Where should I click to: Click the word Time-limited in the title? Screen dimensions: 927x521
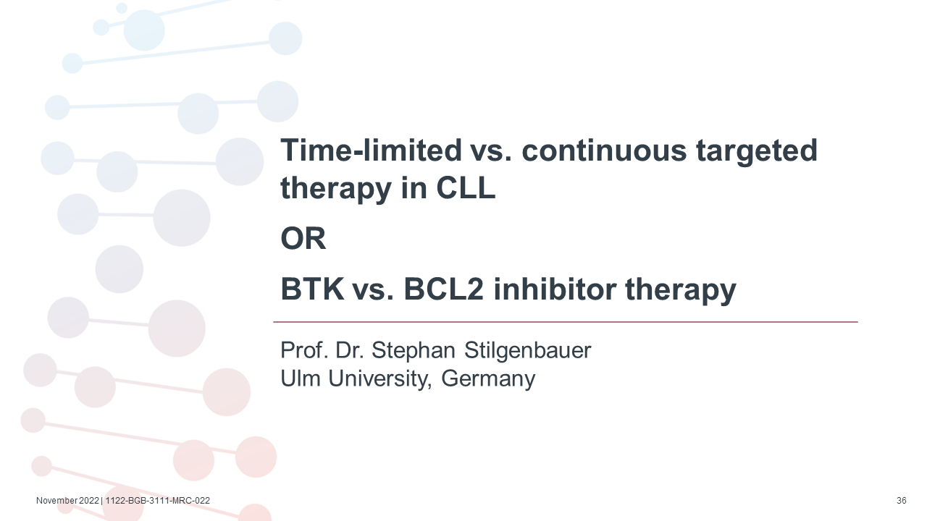(x=371, y=150)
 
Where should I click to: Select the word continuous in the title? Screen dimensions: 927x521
(x=604, y=150)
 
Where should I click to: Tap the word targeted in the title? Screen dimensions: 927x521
(x=757, y=152)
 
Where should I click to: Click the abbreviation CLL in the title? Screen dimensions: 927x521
(x=466, y=187)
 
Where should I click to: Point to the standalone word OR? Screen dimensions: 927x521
(x=303, y=238)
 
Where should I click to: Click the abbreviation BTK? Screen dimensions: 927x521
(x=312, y=289)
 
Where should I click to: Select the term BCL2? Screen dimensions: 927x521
(x=443, y=289)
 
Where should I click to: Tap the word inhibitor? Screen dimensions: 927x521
(x=555, y=289)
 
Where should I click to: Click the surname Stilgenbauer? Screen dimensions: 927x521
(x=528, y=351)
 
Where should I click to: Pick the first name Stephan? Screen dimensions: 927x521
(x=414, y=351)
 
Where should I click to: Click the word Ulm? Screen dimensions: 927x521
(x=301, y=378)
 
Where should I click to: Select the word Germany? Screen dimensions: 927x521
(x=488, y=379)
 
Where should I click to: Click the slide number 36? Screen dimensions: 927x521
(x=902, y=501)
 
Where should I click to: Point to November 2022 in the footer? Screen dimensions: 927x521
(x=68, y=501)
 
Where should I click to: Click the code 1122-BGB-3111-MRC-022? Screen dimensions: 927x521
(x=158, y=501)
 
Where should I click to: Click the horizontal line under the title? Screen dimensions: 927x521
(x=566, y=322)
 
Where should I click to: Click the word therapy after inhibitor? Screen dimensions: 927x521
(x=681, y=291)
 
